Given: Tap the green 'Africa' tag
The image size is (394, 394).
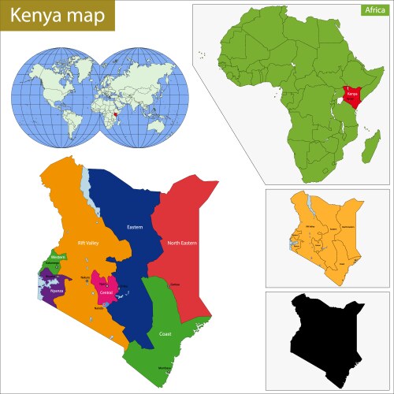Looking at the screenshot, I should pyautogui.click(x=374, y=10).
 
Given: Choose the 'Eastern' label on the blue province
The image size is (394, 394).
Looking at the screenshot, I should pyautogui.click(x=135, y=228).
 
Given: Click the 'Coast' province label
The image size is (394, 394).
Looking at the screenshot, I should pyautogui.click(x=165, y=333).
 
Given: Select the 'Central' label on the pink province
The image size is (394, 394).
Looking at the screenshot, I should pyautogui.click(x=106, y=292).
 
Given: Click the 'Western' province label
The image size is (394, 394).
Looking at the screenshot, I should pyautogui.click(x=57, y=258).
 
